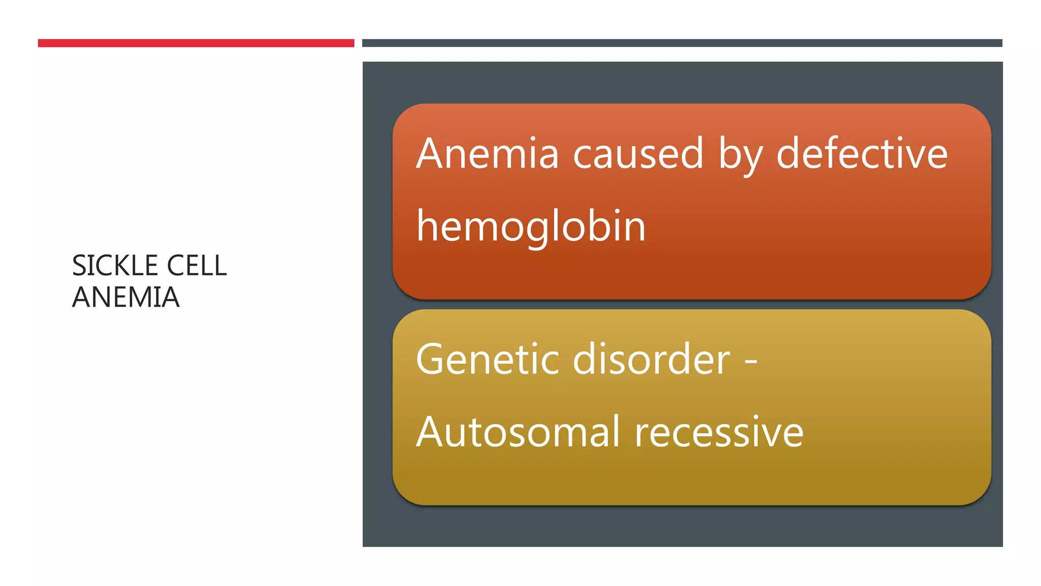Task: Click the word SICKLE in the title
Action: coord(115,266)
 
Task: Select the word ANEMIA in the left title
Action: coord(126,297)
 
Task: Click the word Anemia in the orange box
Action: coord(487,154)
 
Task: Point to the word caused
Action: coord(638,154)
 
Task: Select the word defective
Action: coord(862,154)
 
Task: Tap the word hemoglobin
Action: coord(531,226)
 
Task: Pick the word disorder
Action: coord(652,359)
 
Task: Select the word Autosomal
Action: coord(518,432)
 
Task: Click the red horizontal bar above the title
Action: coord(196,43)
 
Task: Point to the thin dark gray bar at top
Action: coord(682,43)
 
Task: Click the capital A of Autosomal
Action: coord(432,432)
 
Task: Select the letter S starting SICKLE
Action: coord(80,266)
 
